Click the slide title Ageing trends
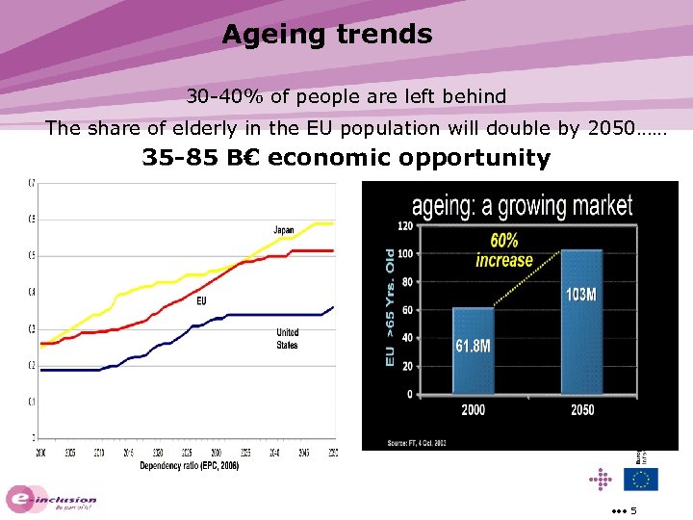327,35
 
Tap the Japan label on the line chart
284,230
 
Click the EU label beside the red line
201,300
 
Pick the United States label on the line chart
287,338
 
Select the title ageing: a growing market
522,206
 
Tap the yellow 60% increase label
503,250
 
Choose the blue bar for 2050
580,322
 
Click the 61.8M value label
473,345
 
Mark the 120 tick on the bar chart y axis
404,225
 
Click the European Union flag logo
640,479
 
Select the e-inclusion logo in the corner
53,500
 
